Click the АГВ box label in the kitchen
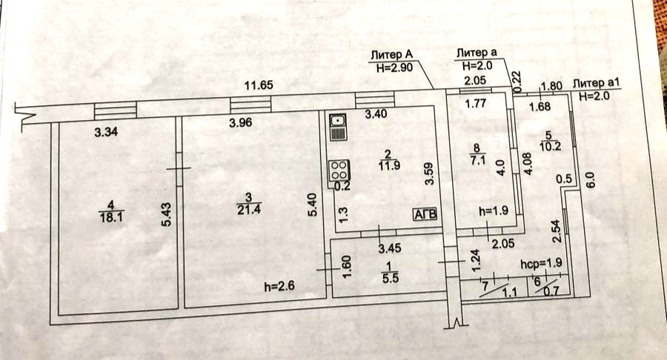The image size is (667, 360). point(426,213)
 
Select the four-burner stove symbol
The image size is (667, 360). point(338,170)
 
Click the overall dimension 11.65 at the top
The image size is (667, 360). point(260,86)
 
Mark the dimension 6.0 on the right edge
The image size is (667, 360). point(590,179)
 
